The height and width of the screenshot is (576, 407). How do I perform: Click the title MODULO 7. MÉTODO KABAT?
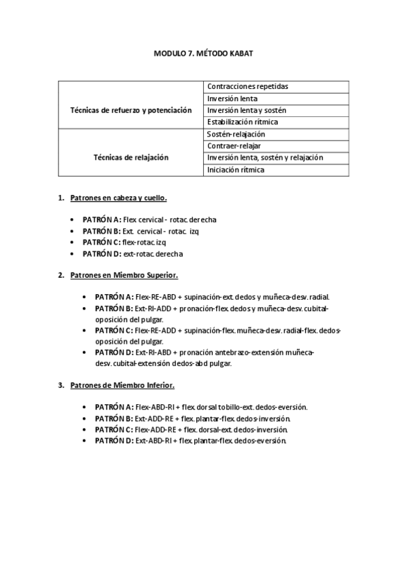pos(203,52)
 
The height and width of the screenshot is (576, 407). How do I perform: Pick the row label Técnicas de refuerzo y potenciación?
pos(131,110)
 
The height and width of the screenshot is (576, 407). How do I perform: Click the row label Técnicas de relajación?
pos(131,157)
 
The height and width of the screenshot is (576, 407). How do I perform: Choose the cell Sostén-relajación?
pos(236,134)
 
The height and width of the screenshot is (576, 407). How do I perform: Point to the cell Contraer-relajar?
pos(234,145)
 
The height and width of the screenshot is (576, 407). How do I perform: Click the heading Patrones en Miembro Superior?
pos(124,275)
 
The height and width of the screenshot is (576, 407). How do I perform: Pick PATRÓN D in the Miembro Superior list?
pos(114,353)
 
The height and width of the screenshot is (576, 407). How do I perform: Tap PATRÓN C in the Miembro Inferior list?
pos(114,429)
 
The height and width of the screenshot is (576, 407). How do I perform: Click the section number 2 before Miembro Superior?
pos(60,275)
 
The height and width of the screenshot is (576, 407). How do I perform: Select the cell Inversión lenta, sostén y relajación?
pos(265,158)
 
